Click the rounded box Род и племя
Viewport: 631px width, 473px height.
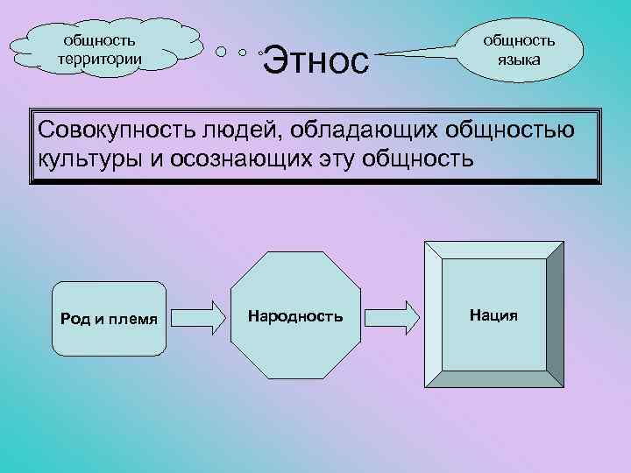click(x=109, y=318)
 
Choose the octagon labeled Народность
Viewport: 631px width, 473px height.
click(x=295, y=314)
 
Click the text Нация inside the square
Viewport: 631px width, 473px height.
click(x=493, y=314)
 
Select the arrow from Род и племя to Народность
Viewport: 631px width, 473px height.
click(x=201, y=314)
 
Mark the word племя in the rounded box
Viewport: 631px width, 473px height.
click(x=134, y=318)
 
